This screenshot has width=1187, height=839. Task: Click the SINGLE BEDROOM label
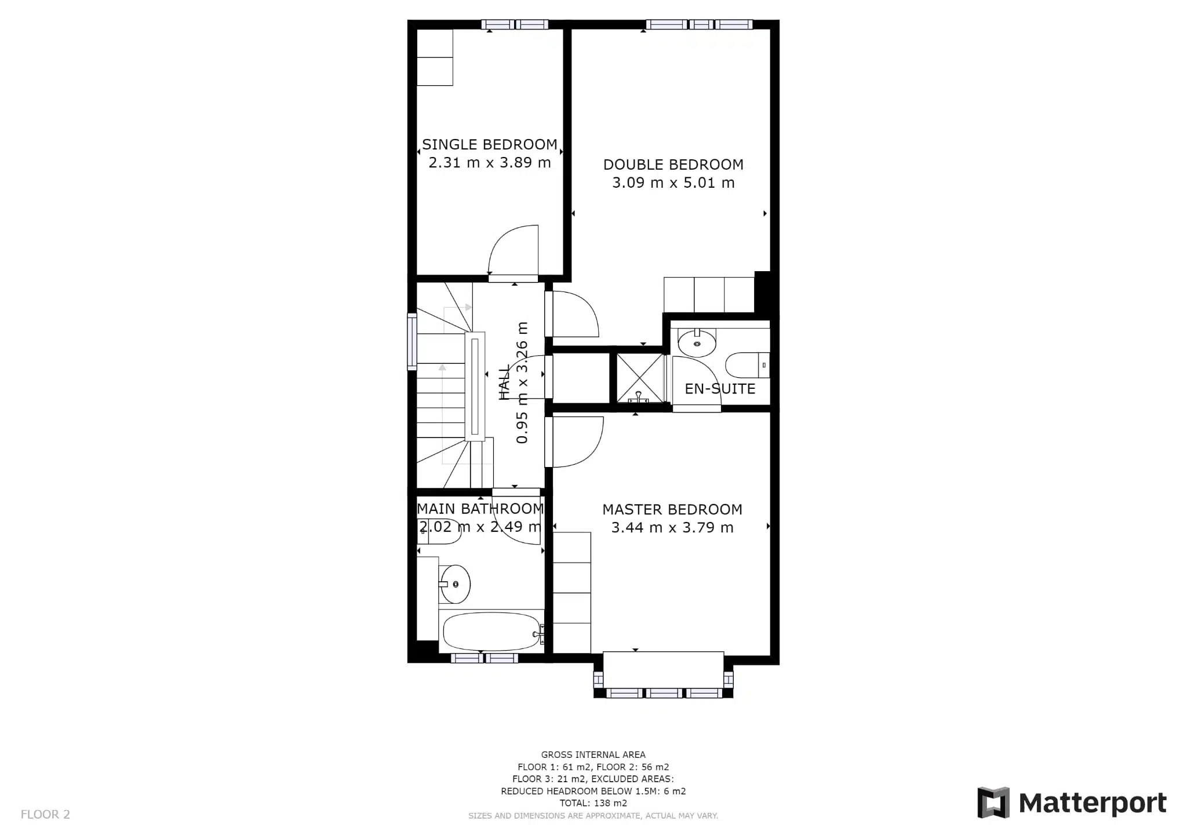coord(489,144)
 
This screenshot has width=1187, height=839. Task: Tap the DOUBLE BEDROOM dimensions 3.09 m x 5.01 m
coord(673,183)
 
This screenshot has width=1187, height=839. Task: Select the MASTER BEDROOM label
coord(672,509)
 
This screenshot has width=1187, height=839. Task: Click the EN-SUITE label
coord(720,389)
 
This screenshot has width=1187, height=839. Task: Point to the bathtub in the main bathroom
coord(491,632)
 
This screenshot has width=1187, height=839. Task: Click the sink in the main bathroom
coord(456,584)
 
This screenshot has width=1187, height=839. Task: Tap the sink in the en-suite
coord(697,343)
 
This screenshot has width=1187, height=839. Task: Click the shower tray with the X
coord(640,378)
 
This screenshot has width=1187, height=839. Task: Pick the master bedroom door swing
coord(577,442)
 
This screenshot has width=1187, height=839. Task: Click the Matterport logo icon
coord(993,802)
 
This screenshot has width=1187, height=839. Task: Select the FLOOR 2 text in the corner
coord(45,814)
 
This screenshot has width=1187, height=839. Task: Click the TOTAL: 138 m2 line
coord(593,803)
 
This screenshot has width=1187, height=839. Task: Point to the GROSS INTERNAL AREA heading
coord(593,754)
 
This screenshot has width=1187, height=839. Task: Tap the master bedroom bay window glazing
coord(664,693)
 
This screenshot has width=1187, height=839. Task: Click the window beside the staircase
coord(412,341)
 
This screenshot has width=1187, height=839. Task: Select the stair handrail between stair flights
coord(475,386)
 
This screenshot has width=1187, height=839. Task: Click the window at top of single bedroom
coord(515,24)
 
